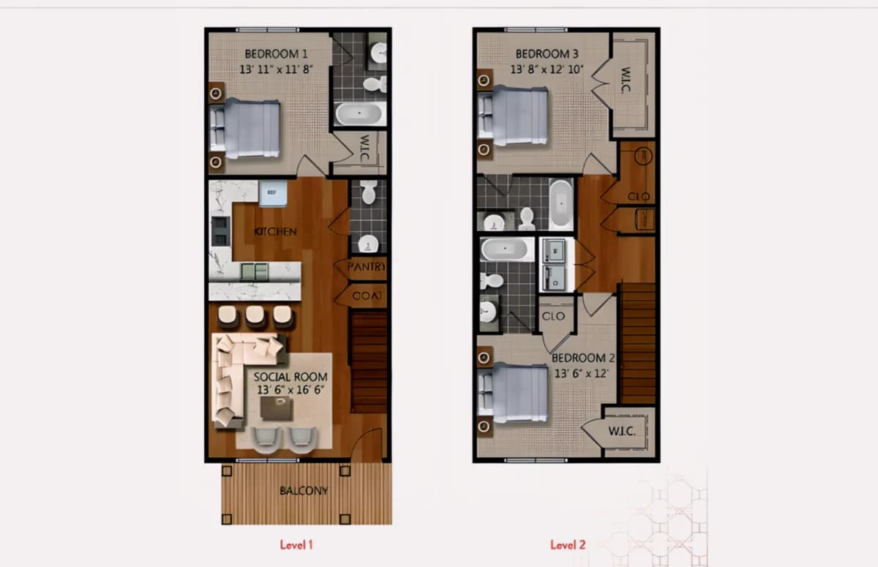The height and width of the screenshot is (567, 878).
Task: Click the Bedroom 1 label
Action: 276,53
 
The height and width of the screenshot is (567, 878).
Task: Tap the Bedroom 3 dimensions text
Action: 547,70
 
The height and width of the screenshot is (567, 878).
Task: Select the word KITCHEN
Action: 276,232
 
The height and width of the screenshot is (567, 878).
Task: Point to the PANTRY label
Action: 366,267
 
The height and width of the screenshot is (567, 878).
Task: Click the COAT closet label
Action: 367,296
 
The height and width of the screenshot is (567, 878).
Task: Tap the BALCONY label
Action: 304,491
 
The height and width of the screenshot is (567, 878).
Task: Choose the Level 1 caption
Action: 296,544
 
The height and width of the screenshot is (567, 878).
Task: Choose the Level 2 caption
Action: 568,544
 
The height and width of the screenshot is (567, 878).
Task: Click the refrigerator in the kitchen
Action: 273,193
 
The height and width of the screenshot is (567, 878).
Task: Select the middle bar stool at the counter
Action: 255,316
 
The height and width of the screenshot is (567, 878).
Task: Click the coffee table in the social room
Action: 277,408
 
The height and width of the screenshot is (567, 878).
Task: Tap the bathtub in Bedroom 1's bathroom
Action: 359,113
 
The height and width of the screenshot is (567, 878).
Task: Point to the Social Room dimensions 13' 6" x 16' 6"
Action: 290,390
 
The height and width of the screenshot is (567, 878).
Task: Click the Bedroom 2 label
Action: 583,358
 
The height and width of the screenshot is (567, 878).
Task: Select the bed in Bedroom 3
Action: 513,116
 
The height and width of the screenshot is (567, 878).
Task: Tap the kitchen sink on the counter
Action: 255,271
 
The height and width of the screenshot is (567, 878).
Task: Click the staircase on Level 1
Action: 369,362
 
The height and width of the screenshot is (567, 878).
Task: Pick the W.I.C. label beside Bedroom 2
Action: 622,432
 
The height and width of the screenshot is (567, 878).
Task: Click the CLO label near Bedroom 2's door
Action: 553,316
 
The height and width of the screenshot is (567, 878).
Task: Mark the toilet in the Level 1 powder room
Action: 369,192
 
